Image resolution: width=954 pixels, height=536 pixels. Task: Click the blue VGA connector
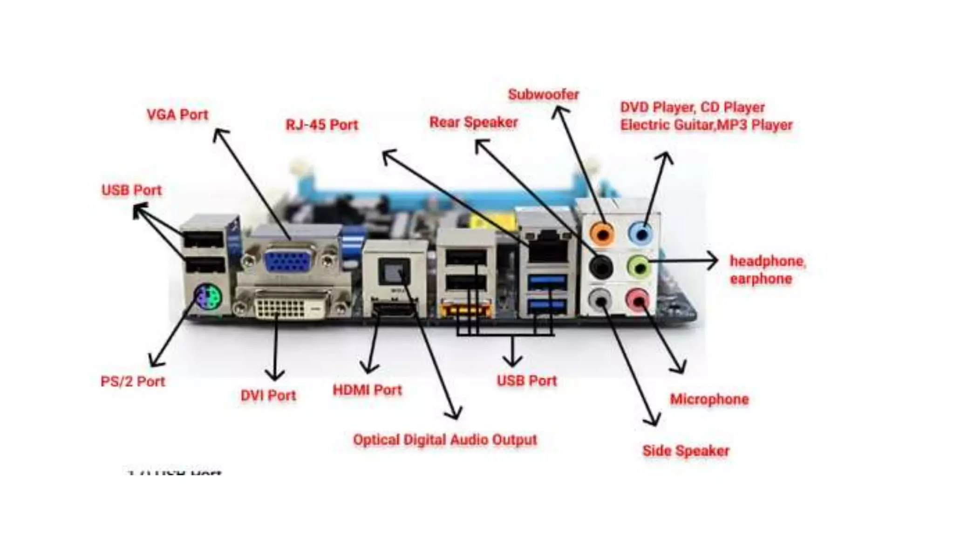[288, 261]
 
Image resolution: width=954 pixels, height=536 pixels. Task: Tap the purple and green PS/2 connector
[208, 297]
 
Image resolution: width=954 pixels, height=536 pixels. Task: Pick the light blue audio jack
[641, 233]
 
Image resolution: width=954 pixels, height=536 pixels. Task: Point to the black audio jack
[600, 267]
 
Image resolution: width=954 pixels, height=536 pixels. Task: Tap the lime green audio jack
[639, 267]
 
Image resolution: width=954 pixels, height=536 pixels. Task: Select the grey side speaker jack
[600, 299]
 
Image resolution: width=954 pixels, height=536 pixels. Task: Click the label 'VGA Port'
[177, 115]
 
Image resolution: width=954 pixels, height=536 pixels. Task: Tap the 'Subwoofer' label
[544, 94]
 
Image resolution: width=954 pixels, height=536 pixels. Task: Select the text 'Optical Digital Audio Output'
[445, 440]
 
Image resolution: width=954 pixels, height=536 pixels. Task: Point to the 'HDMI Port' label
[367, 390]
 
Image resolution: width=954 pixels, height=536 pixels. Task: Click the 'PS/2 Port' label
[133, 382]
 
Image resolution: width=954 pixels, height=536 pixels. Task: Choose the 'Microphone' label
[709, 399]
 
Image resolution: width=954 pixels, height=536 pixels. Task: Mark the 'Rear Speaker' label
[473, 122]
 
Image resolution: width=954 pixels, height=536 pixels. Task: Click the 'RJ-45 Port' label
[322, 125]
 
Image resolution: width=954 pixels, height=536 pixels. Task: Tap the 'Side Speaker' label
[686, 451]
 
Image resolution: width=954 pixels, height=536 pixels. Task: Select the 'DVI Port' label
[268, 395]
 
